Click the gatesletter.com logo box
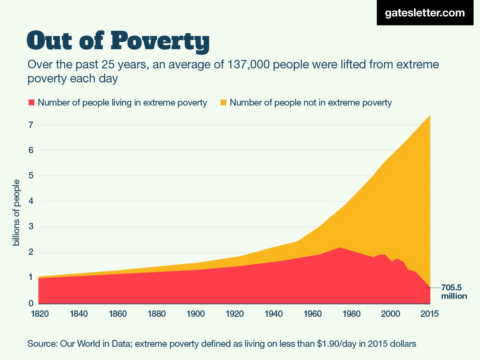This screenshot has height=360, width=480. [x=424, y=13]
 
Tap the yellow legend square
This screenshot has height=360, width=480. [x=223, y=103]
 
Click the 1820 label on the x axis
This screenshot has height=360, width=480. [x=39, y=314]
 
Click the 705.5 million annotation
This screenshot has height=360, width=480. [x=454, y=292]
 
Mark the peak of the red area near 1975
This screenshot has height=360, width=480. [x=339, y=248]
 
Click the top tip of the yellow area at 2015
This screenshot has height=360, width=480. [x=430, y=116]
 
